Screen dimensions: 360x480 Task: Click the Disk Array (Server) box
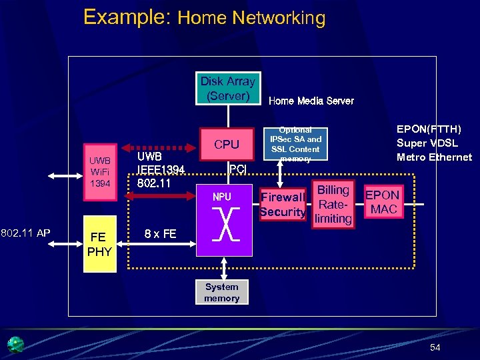pyautogui.click(x=227, y=88)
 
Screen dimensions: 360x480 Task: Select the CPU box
pyautogui.click(x=227, y=144)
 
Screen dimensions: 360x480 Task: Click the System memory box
pyautogui.click(x=221, y=293)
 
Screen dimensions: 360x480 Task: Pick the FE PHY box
pyautogui.click(x=98, y=245)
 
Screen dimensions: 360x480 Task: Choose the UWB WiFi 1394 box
pyautogui.click(x=100, y=171)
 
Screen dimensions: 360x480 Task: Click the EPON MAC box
pyautogui.click(x=383, y=202)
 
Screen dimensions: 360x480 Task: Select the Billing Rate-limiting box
pyautogui.click(x=333, y=204)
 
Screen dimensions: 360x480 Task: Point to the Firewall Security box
pyautogui.click(x=283, y=205)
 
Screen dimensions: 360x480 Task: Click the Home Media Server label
pyautogui.click(x=311, y=101)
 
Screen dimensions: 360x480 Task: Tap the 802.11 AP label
pyautogui.click(x=25, y=233)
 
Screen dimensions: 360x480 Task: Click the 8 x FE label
pyautogui.click(x=161, y=234)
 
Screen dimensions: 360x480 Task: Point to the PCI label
pyautogui.click(x=237, y=169)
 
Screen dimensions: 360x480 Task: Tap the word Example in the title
pyautogui.click(x=127, y=17)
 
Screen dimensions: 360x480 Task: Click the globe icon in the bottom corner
pyautogui.click(x=15, y=344)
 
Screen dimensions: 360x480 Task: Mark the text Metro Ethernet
pyautogui.click(x=434, y=157)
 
